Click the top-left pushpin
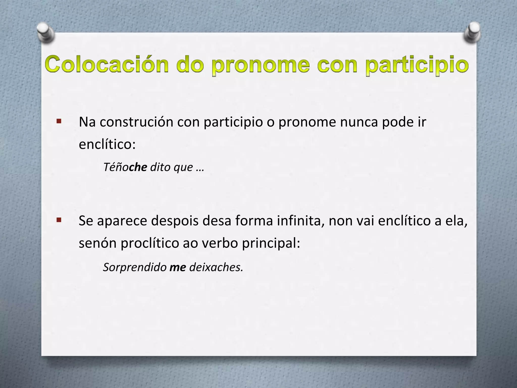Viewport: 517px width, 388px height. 45,33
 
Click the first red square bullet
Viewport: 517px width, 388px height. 59,121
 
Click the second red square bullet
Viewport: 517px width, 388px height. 59,220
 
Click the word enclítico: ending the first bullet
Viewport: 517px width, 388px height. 107,144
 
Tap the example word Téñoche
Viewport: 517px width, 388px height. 125,167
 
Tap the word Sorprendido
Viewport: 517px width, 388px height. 135,267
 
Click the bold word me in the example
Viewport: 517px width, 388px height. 178,267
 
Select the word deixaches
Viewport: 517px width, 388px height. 216,267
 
